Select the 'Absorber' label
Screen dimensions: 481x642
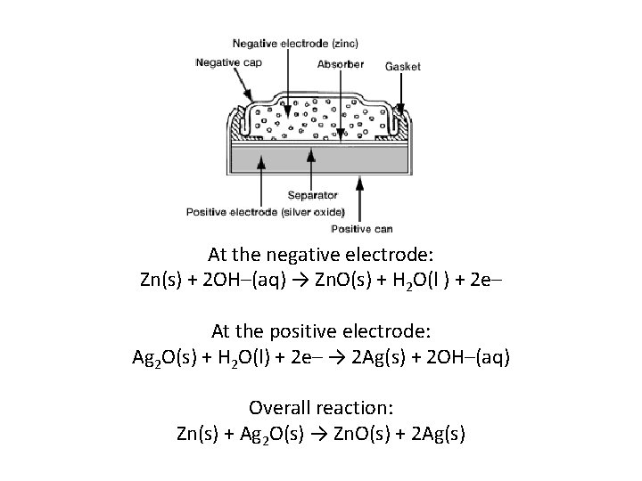coord(341,65)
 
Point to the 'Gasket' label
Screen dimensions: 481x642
coord(402,66)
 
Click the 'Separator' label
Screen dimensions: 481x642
coord(312,195)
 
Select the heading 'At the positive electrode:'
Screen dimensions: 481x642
coord(321,331)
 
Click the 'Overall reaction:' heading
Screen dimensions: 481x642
coord(321,408)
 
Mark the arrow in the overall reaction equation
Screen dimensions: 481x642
coord(309,435)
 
